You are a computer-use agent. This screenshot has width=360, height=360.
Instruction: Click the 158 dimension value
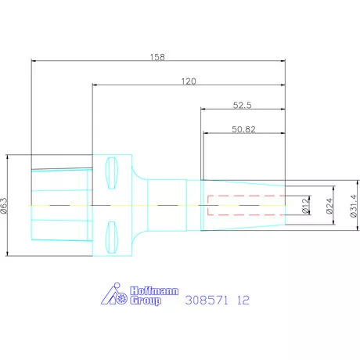pyautogui.click(x=157, y=57)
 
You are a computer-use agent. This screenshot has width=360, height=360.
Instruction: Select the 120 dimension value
pyautogui.click(x=189, y=81)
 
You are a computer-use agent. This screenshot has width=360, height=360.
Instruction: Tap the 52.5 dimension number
pyautogui.click(x=242, y=105)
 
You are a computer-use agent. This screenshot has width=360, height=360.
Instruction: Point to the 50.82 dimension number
pyautogui.click(x=243, y=129)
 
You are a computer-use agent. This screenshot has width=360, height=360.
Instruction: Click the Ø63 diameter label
pyautogui.click(x=5, y=206)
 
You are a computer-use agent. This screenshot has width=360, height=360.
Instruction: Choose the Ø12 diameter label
pyautogui.click(x=306, y=205)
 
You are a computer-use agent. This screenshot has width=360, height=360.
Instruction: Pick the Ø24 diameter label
pyautogui.click(x=329, y=206)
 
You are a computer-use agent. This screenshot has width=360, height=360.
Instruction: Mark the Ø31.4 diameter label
pyautogui.click(x=353, y=206)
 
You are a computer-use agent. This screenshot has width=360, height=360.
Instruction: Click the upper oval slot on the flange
pyautogui.click(x=112, y=173)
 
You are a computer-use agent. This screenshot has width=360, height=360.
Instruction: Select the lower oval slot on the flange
pyautogui.click(x=112, y=237)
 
